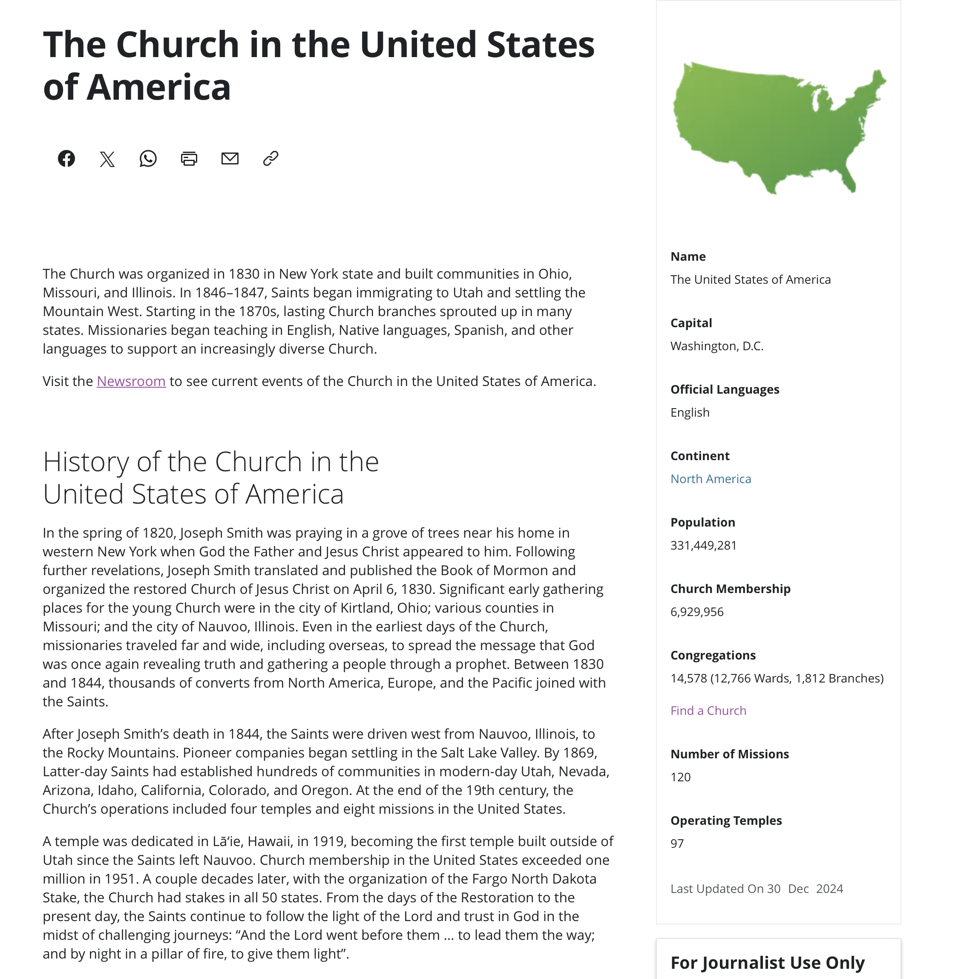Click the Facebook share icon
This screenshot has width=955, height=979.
(66, 158)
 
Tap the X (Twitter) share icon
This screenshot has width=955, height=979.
(107, 159)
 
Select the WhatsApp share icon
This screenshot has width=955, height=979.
(148, 158)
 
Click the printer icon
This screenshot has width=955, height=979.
(189, 158)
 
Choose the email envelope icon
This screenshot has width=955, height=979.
(230, 158)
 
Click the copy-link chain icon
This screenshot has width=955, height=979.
(271, 158)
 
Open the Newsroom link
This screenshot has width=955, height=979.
(131, 381)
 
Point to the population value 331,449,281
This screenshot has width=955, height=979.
(703, 545)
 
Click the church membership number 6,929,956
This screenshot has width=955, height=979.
(697, 612)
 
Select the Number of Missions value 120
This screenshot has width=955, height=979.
(681, 777)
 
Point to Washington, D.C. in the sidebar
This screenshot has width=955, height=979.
(717, 346)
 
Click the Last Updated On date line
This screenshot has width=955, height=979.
(757, 889)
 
